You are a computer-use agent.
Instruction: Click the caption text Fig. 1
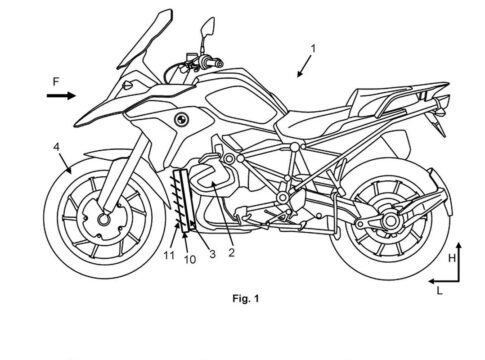[x=245, y=299]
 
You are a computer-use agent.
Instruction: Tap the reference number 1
[x=313, y=49]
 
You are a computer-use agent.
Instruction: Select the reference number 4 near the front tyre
[x=57, y=147]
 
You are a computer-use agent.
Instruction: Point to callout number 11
[x=169, y=256]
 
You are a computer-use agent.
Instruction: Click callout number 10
[x=190, y=260]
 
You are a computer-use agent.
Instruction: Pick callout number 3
[x=212, y=254]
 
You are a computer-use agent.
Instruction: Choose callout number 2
[x=231, y=252]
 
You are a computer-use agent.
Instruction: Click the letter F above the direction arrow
[x=56, y=82]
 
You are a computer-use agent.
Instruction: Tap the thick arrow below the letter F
[x=61, y=96]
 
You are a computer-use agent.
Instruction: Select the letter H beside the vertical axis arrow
[x=452, y=258]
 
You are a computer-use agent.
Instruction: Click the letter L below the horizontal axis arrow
[x=440, y=291]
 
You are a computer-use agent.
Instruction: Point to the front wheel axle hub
[x=104, y=219]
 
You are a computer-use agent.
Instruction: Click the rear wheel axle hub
[x=390, y=220]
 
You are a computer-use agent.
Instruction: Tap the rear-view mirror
[x=208, y=27]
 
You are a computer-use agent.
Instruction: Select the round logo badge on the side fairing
[x=181, y=119]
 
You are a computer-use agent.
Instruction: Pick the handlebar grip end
[x=219, y=63]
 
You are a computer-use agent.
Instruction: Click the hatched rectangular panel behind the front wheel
[x=184, y=200]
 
